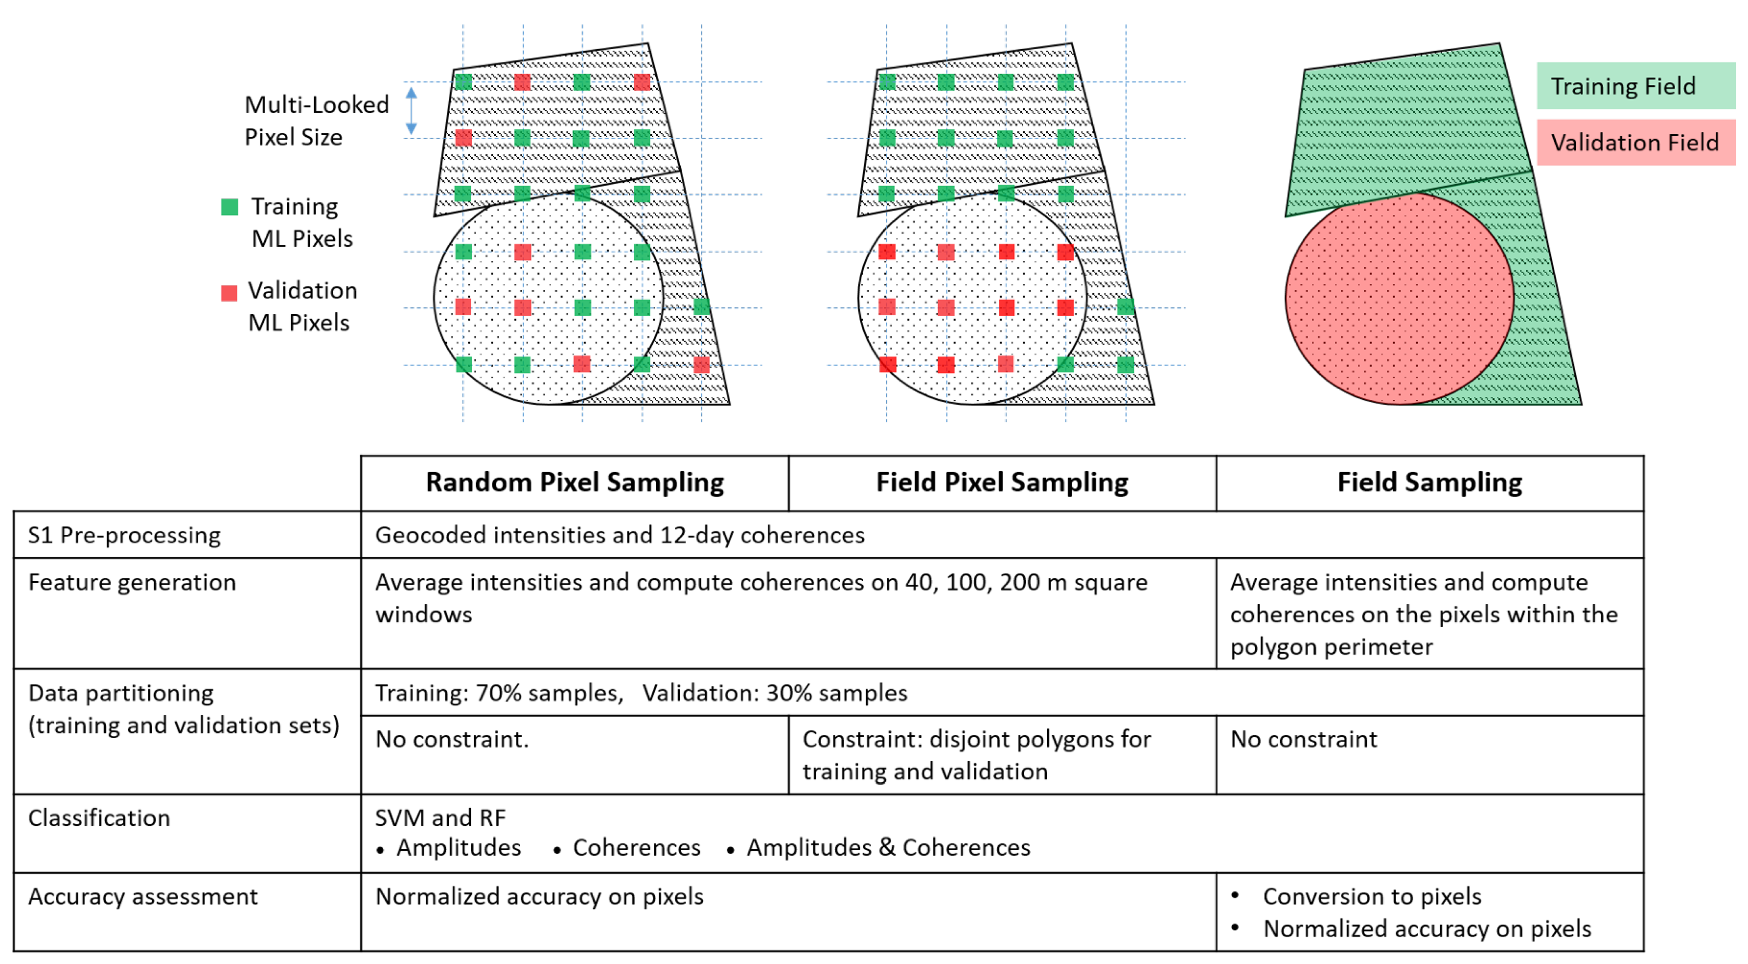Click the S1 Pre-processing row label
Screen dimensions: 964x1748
[124, 535]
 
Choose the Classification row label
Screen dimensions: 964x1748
[99, 818]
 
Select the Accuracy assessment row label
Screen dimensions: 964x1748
[143, 897]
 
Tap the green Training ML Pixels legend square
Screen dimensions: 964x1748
[229, 207]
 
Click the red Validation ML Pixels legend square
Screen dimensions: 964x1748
[229, 293]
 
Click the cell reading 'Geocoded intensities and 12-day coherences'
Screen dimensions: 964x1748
[620, 535]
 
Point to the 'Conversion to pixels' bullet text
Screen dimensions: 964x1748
[1372, 897]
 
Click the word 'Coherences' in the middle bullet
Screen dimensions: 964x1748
[637, 848]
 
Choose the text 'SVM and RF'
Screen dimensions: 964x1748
[440, 818]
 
